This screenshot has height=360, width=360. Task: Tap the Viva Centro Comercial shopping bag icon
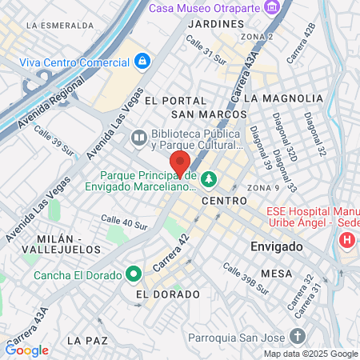pyautogui.click(x=142, y=61)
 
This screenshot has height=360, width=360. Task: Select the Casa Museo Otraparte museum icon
pyautogui.click(x=274, y=7)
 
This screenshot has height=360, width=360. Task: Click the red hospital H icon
pyautogui.click(x=347, y=239)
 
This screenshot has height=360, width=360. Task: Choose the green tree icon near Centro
pyautogui.click(x=209, y=178)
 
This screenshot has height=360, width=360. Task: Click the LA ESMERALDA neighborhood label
pyautogui.click(x=56, y=25)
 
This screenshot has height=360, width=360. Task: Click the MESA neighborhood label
pyautogui.click(x=276, y=273)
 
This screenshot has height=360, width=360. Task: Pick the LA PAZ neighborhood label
pyautogui.click(x=87, y=340)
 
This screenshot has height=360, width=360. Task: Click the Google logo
pyautogui.click(x=27, y=350)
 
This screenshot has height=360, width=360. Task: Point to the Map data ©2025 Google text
pyautogui.click(x=311, y=354)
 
